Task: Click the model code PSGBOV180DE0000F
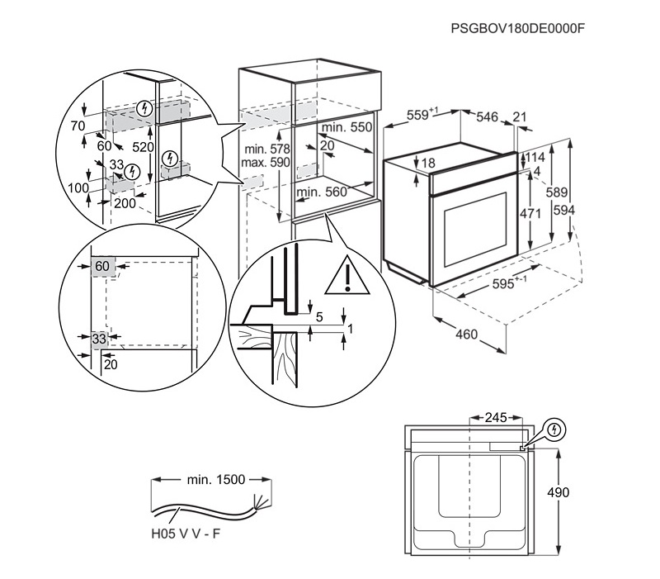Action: point(518,28)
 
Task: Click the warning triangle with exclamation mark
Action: point(347,275)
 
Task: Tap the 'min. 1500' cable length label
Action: point(216,480)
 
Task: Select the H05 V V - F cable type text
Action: point(186,534)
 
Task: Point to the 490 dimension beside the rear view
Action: point(558,492)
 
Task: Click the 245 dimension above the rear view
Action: point(496,418)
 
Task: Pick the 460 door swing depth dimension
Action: point(467,335)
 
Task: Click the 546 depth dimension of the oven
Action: point(487,116)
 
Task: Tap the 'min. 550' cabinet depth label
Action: point(346,127)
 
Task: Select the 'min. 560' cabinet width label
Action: point(322,192)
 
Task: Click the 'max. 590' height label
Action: point(266,162)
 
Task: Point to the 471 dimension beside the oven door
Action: point(530,214)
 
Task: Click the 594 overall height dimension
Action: point(564,210)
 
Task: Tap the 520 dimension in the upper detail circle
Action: point(143,147)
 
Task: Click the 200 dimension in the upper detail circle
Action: point(125,203)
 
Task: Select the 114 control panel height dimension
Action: point(535,157)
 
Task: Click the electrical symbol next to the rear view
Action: point(554,430)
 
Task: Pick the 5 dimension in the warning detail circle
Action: point(319,316)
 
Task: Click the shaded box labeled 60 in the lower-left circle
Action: point(102,267)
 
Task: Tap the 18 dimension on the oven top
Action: point(428,163)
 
